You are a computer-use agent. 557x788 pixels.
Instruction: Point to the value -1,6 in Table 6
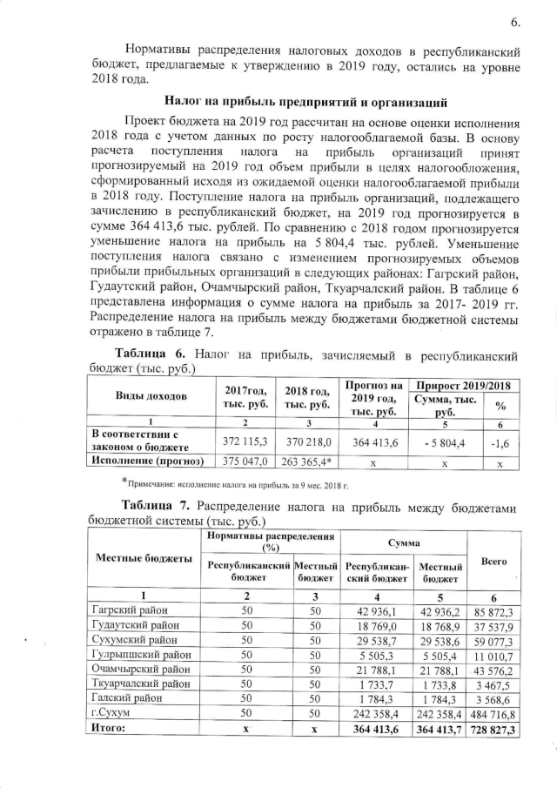(x=500, y=442)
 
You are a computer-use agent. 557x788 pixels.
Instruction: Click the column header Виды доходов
(x=151, y=395)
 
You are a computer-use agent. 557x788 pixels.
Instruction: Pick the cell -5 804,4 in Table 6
(x=442, y=442)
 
